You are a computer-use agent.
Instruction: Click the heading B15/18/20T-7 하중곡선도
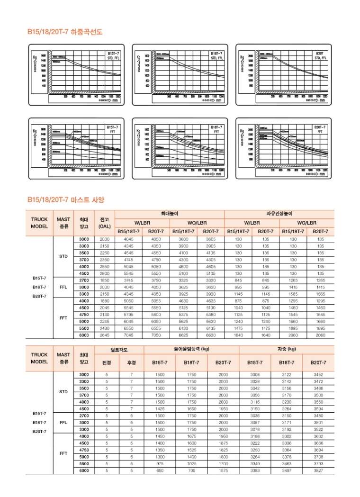pos(65,32)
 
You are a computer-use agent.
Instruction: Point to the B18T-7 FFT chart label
pos(216,129)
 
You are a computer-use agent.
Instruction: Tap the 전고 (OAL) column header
pos(105,223)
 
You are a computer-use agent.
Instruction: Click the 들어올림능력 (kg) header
pos(191,350)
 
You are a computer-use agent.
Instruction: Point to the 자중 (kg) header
pos(287,350)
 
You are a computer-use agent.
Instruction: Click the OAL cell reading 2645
pos(105,335)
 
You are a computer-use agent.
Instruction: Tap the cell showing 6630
pos(211,335)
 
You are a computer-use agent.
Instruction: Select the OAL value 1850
pos(105,280)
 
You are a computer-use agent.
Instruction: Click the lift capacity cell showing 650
pos(160,470)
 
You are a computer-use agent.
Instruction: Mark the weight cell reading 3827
pos(318,470)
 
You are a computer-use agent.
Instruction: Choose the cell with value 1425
pos(160,408)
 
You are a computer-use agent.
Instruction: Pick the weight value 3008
pos(255,374)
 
